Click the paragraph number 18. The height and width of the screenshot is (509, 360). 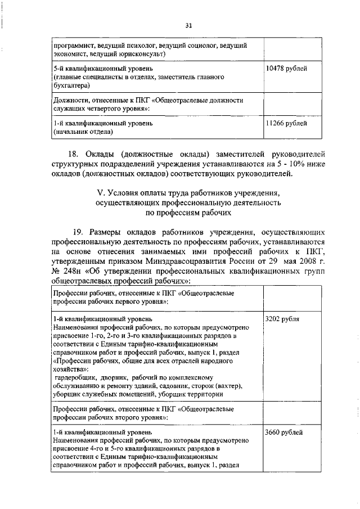74,154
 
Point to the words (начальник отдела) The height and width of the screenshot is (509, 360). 83,132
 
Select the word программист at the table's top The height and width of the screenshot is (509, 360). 73,44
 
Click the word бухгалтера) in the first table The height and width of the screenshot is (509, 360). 73,85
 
